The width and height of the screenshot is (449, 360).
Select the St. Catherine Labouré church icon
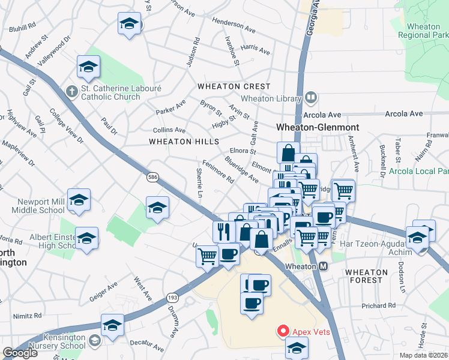pos(71,91)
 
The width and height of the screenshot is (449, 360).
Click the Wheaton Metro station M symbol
pos(323,266)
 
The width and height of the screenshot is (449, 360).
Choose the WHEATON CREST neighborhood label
pos(234,87)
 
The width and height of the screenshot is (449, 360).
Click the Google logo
pos(20,353)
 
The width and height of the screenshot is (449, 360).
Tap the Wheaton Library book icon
pos(311,97)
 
